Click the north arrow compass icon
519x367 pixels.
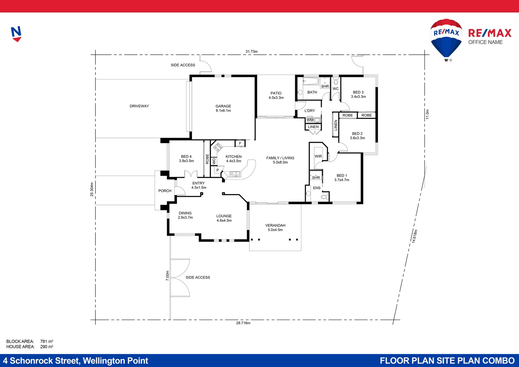(16, 34)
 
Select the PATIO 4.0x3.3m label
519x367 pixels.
(276, 95)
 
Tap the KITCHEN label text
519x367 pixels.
(233, 157)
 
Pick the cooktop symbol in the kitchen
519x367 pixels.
(217, 147)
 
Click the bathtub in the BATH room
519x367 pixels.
(311, 81)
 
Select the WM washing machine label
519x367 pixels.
(310, 120)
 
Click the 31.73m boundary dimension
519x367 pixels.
(251, 52)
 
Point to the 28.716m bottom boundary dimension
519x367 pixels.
(243, 323)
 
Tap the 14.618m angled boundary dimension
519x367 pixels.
(414, 236)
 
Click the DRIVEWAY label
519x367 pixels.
(139, 106)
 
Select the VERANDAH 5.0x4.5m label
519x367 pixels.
(275, 228)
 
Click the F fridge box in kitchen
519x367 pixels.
(240, 143)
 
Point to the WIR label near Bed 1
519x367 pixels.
(318, 156)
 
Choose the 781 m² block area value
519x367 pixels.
(47, 341)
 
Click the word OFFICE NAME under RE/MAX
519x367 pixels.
(485, 42)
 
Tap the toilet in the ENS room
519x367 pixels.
(324, 197)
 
